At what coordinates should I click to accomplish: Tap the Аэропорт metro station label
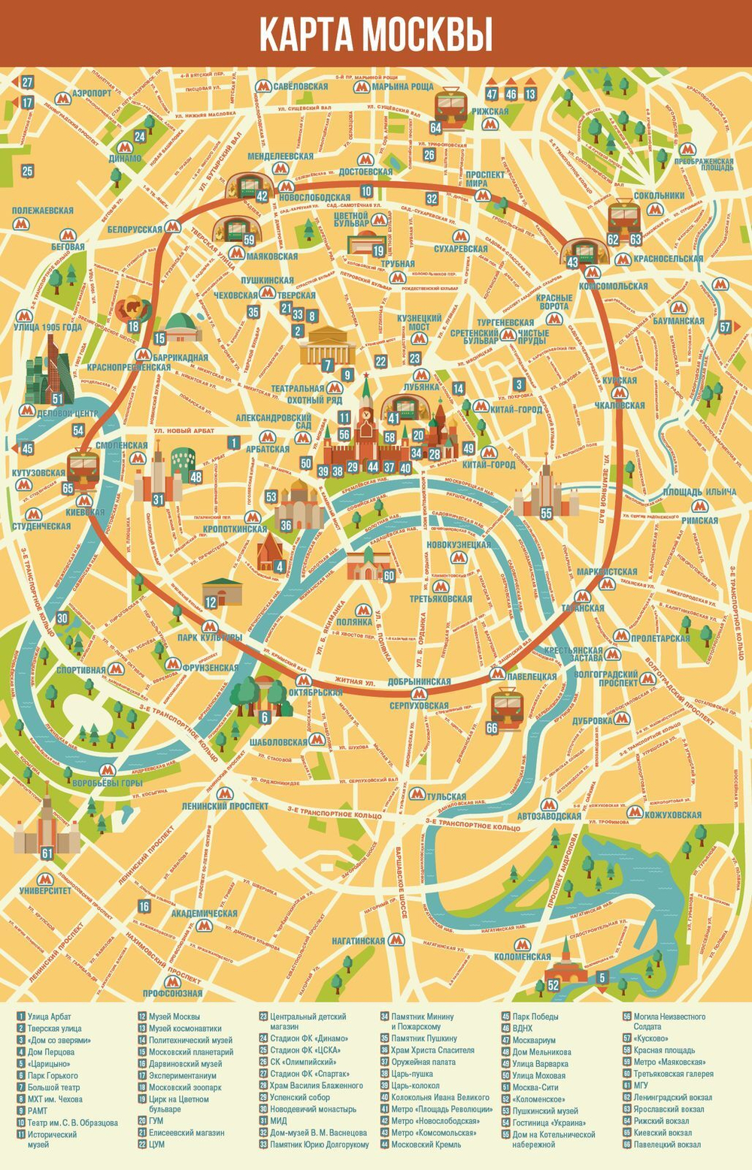click(x=92, y=93)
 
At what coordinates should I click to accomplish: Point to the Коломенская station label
click(x=523, y=956)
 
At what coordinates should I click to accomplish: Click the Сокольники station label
click(x=659, y=196)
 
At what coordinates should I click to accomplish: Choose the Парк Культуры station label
click(x=210, y=638)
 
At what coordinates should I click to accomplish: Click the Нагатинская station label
click(x=359, y=941)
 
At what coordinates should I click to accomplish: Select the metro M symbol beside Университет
click(x=45, y=878)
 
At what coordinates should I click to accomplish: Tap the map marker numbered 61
click(x=47, y=853)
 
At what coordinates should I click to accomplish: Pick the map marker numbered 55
click(x=546, y=512)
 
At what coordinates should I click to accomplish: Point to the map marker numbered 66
click(x=492, y=728)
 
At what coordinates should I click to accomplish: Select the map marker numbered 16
click(x=144, y=907)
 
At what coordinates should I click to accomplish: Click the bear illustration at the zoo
click(x=132, y=308)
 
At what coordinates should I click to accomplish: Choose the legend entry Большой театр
click(x=53, y=1087)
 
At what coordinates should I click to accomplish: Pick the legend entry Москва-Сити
click(x=535, y=1087)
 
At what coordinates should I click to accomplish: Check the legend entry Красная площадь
click(x=669, y=1050)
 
